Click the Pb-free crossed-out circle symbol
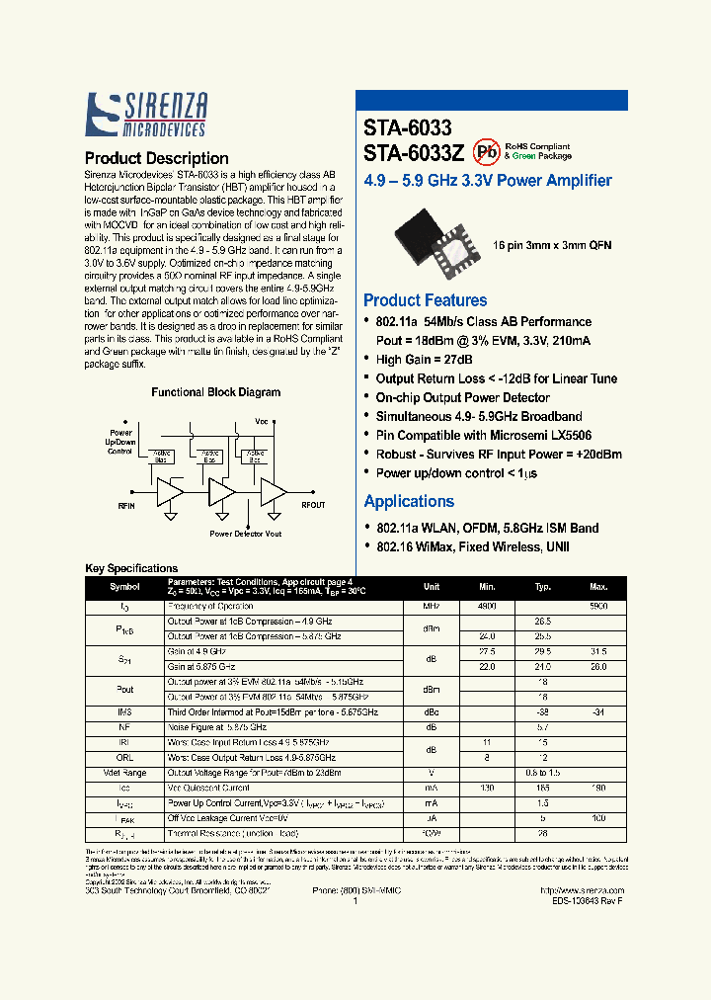[x=485, y=151]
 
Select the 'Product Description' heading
[x=156, y=158]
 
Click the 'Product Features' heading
[x=425, y=300]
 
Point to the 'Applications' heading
[x=409, y=501]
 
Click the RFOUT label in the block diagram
[x=312, y=505]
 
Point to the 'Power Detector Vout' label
[x=245, y=534]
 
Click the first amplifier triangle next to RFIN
[x=169, y=491]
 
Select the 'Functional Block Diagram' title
[x=215, y=392]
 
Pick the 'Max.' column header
[x=598, y=587]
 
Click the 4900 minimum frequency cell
[x=487, y=605]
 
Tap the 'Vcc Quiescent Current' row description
[x=210, y=789]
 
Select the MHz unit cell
[x=431, y=605]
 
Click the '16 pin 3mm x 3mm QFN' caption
[x=555, y=243]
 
